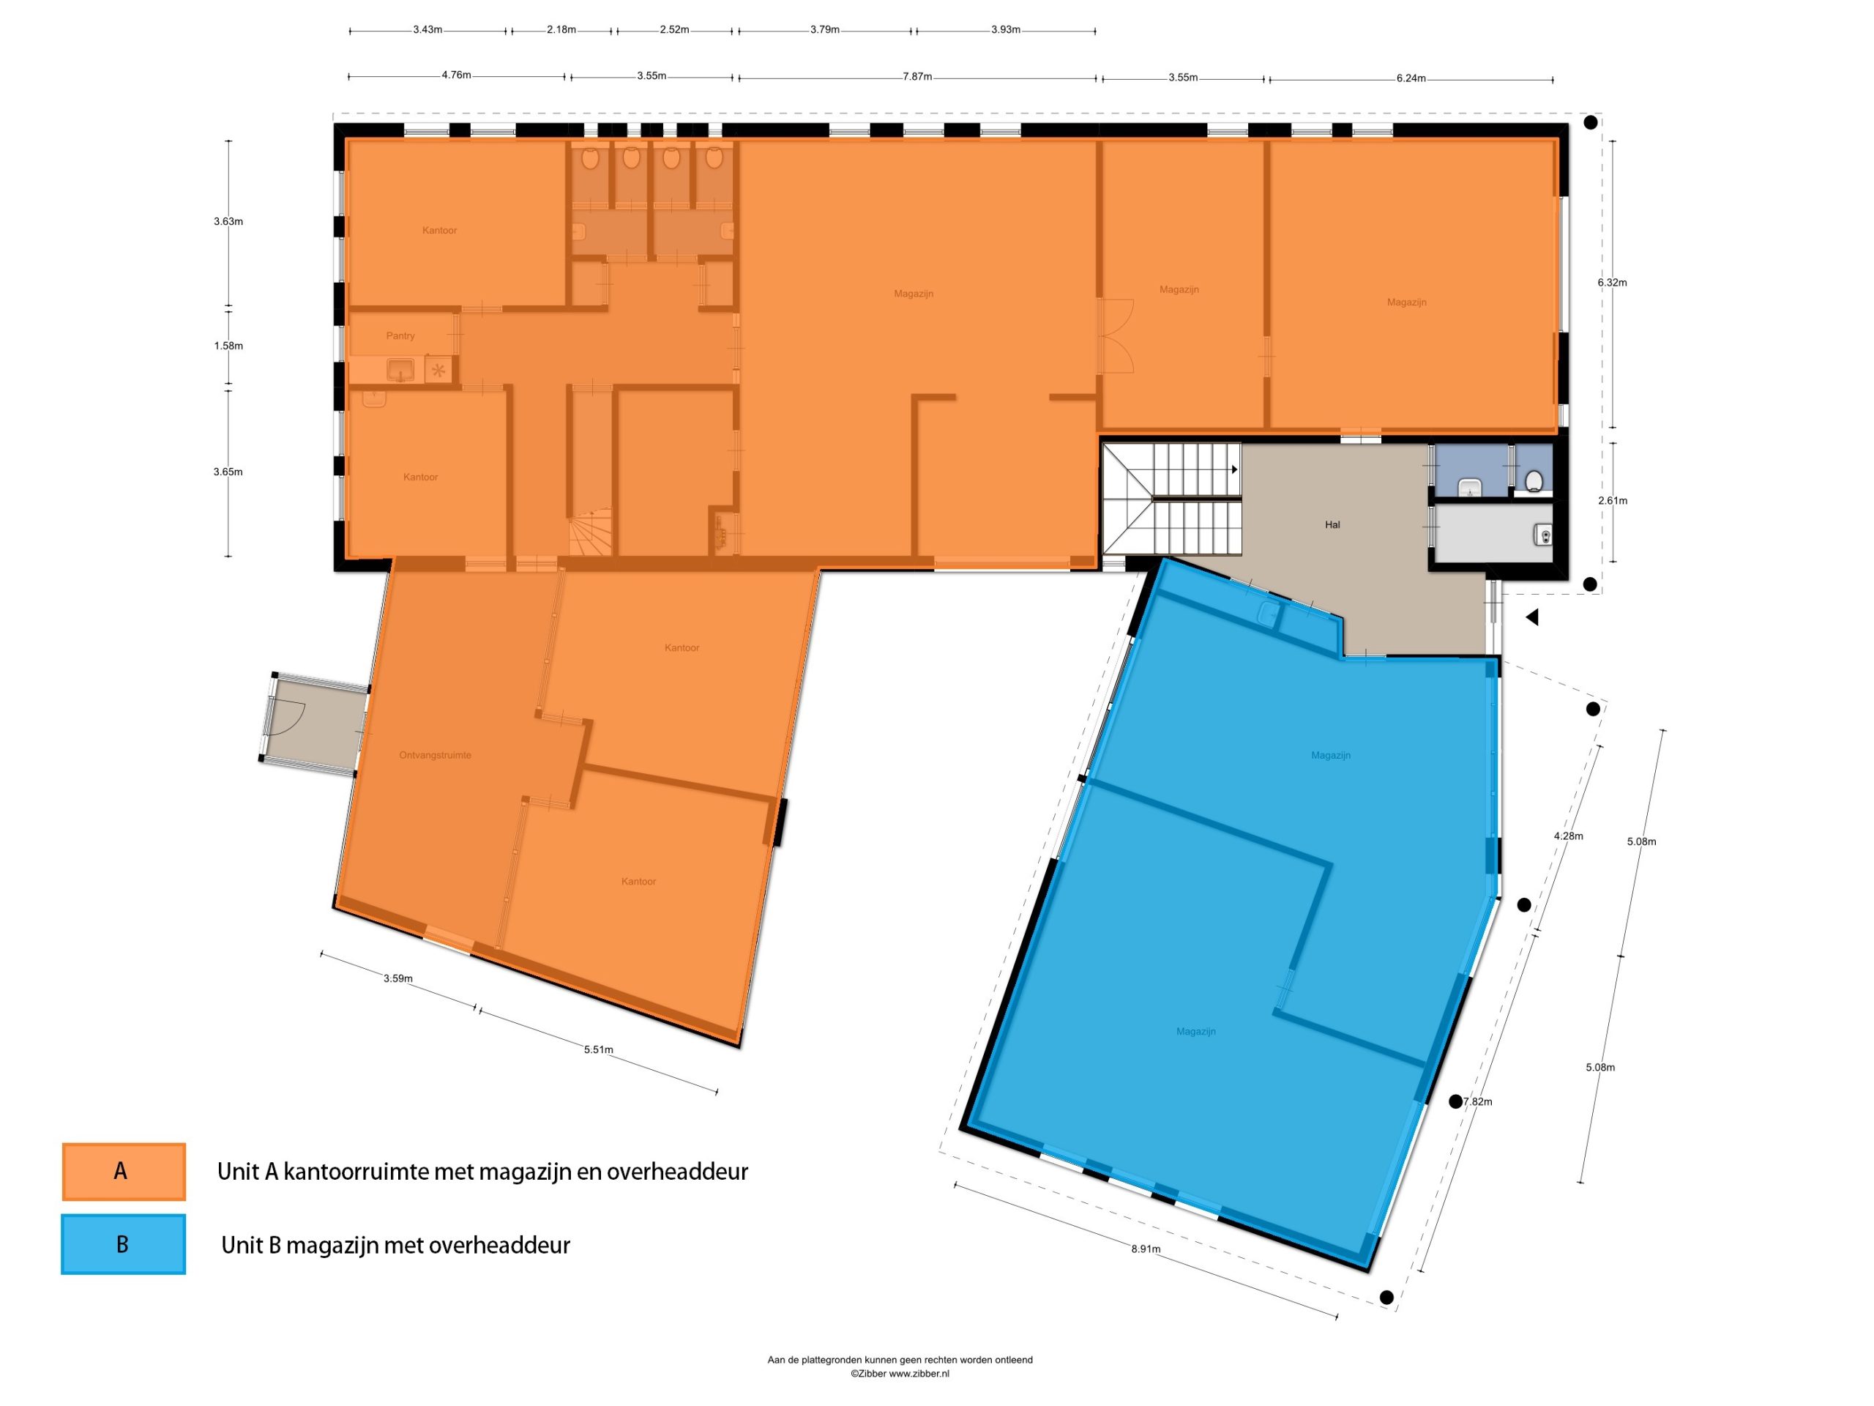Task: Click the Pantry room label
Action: click(400, 335)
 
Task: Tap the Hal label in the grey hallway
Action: click(1332, 524)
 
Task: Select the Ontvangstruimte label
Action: click(435, 755)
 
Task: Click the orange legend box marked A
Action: click(124, 1171)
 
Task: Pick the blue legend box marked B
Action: click(124, 1244)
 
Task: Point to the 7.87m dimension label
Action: click(917, 76)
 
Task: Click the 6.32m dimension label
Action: click(1612, 282)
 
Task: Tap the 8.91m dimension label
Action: click(1146, 1249)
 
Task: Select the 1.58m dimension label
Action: click(228, 346)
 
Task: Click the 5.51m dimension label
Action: click(598, 1049)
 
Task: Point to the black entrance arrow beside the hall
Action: click(1531, 618)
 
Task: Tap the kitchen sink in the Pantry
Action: click(400, 370)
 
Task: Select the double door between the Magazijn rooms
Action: click(1116, 335)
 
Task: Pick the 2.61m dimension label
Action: click(1612, 500)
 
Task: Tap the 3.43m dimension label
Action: click(428, 30)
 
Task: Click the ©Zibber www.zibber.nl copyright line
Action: click(900, 1374)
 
